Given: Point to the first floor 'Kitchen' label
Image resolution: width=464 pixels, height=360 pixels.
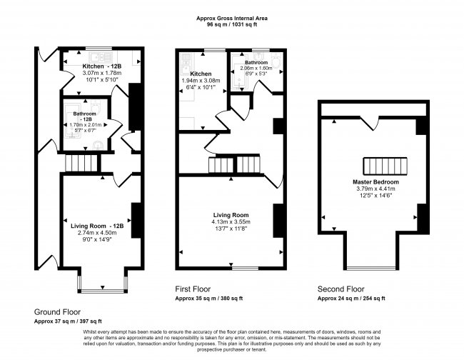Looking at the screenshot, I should [200, 74].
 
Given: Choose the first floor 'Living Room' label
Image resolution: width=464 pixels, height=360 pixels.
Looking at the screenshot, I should [231, 214].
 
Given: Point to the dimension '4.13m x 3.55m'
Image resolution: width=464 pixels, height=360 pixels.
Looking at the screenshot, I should [231, 221].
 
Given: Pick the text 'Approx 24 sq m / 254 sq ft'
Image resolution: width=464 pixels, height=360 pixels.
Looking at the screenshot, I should [351, 298].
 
